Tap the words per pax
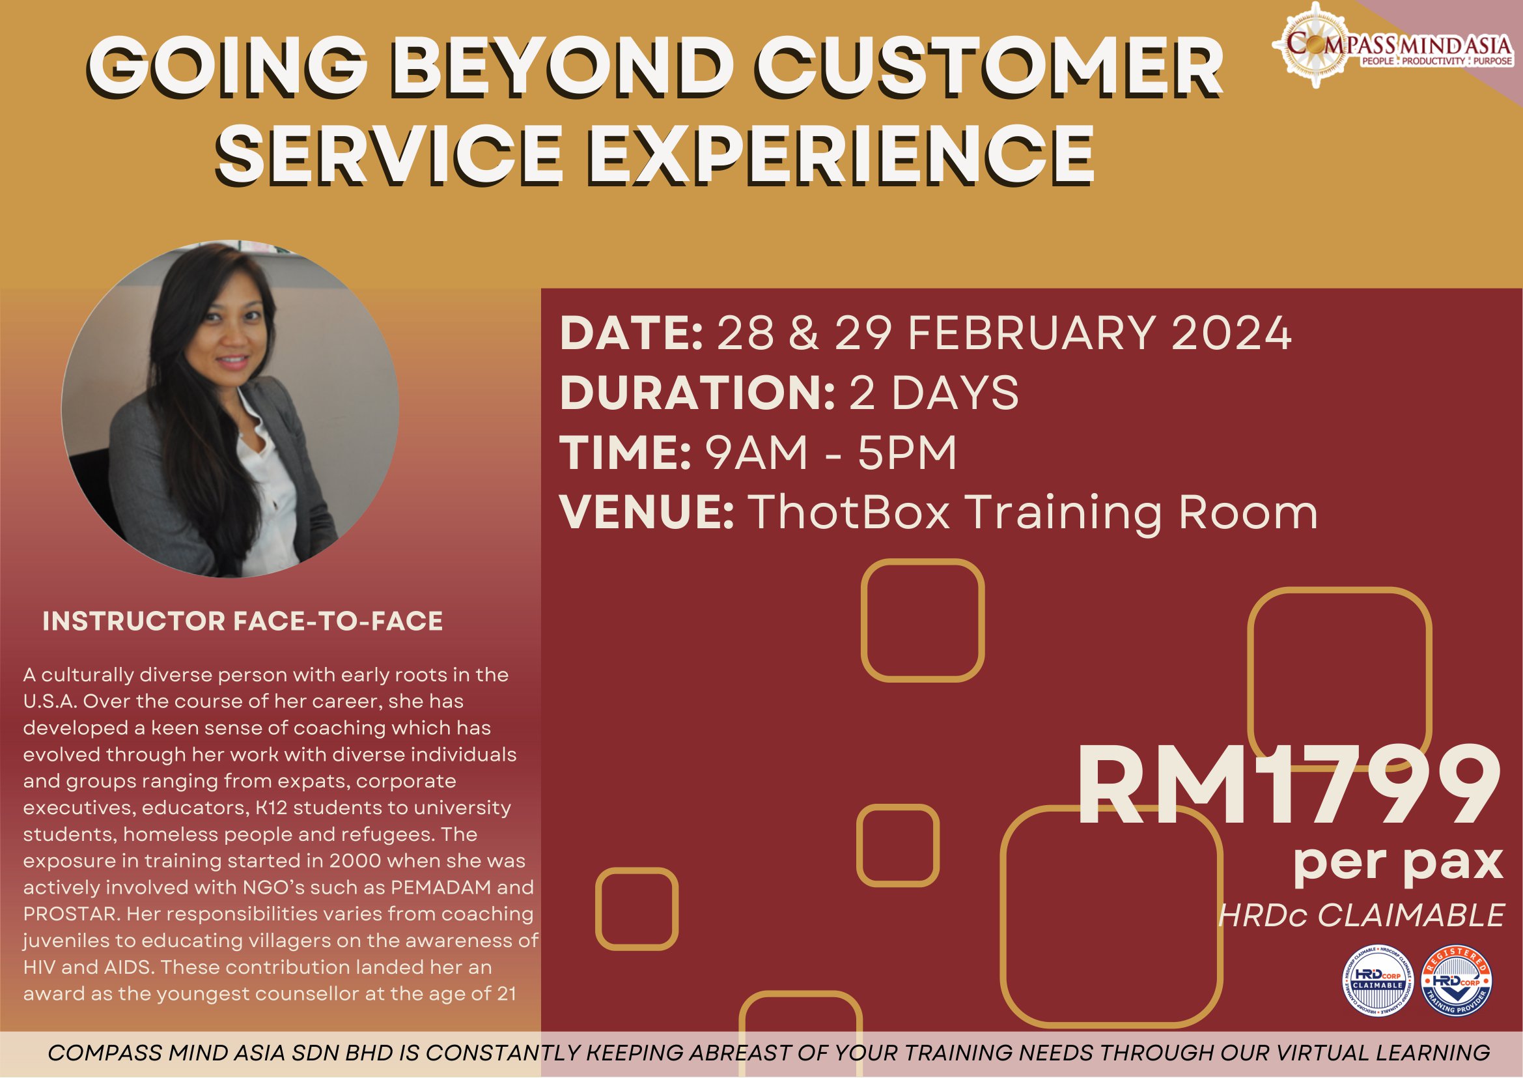coord(1397,862)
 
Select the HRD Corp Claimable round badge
coord(1378,981)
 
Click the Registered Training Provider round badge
coord(1456,981)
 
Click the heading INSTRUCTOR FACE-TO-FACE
coord(242,621)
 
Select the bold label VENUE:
coord(647,513)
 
